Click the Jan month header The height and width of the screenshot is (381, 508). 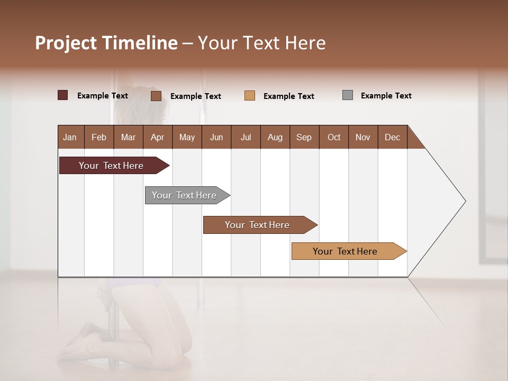click(70, 137)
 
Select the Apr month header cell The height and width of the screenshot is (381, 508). click(158, 137)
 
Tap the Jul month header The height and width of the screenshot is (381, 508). click(246, 137)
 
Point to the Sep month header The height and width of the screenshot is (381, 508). click(304, 137)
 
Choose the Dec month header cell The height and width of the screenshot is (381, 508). click(392, 137)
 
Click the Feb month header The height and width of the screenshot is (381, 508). click(99, 137)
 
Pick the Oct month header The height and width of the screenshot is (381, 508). click(334, 137)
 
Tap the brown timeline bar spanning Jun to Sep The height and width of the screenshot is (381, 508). click(258, 225)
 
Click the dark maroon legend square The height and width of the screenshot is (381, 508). click(63, 95)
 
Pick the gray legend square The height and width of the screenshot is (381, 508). click(348, 95)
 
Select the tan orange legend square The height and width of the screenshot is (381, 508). click(250, 96)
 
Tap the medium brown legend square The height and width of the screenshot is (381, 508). click(156, 96)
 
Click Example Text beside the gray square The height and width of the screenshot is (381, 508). click(386, 96)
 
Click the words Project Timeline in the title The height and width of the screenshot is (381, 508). click(106, 43)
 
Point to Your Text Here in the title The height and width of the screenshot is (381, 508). click(261, 43)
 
